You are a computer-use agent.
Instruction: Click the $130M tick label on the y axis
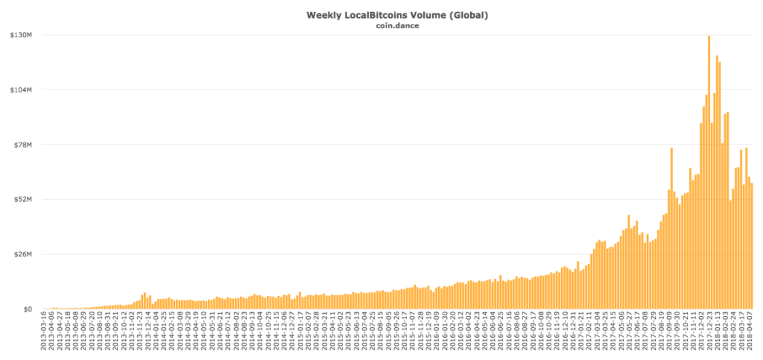pos(19,35)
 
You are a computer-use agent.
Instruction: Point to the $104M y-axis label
pos(19,89)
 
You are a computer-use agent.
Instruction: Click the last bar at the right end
pos(752,246)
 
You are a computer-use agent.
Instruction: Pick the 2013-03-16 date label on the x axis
pos(44,332)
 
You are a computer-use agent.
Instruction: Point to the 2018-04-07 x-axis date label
pos(750,332)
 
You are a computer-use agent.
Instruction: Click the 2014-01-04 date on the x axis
pos(156,332)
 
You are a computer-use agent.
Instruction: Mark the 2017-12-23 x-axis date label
pos(709,332)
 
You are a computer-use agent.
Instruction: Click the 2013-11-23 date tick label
pos(141,332)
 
